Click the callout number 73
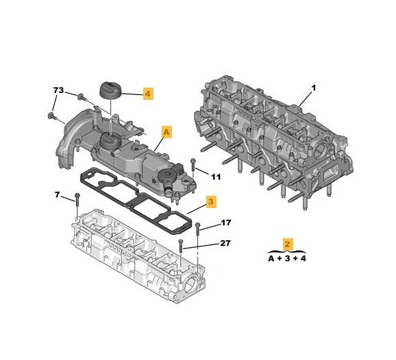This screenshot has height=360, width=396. [59, 90]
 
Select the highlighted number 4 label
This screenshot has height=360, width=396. [148, 93]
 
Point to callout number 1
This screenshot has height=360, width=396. [314, 88]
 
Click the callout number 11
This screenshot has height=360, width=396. [216, 177]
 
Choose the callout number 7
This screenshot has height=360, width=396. [58, 196]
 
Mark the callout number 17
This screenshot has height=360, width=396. [225, 223]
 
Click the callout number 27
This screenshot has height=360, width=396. [225, 243]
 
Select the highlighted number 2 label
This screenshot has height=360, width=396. [289, 244]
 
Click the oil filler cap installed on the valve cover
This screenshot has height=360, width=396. [110, 143]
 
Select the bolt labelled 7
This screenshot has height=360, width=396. [76, 203]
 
